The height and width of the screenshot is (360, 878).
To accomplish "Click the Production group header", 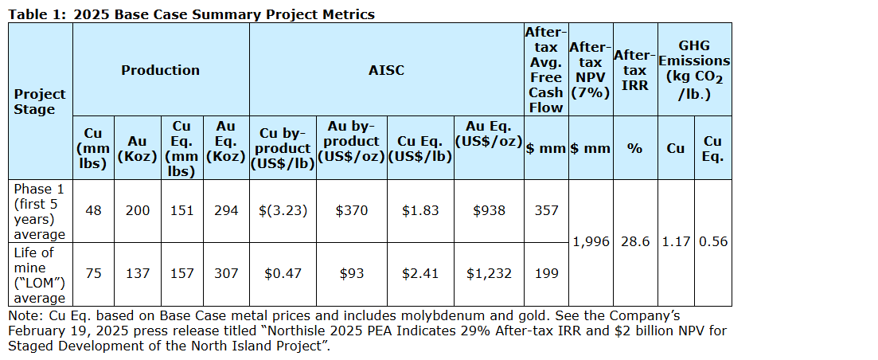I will (x=160, y=70).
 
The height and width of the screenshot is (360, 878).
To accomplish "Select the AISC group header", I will (x=386, y=70).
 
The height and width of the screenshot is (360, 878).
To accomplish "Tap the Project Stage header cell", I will (x=40, y=101).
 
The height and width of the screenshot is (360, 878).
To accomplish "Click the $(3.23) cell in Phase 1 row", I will (x=283, y=211).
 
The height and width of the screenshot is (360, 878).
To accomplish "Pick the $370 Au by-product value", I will (x=351, y=211).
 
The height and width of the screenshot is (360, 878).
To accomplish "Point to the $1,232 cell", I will (x=487, y=273).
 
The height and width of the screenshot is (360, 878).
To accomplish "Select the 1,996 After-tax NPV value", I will (x=591, y=242).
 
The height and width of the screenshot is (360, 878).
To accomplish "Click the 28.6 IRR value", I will (x=634, y=242).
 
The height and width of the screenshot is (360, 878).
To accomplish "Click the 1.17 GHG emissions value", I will (x=676, y=242).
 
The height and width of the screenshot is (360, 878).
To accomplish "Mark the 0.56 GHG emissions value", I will (x=712, y=242).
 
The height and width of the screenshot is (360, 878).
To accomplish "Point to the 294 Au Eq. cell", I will (x=226, y=211).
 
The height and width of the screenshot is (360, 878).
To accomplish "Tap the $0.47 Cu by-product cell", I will (x=283, y=273).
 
